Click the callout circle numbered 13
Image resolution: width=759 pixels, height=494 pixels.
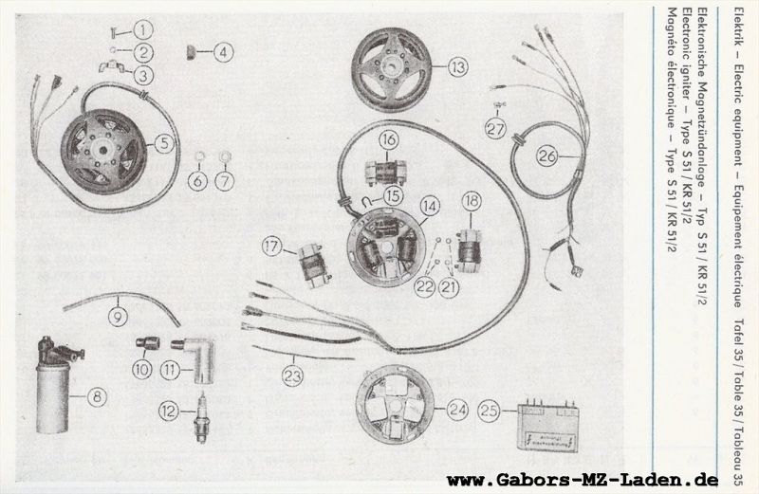tap(457, 66)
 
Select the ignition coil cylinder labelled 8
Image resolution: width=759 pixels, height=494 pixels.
tap(55, 385)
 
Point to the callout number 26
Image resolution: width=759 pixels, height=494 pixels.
tap(547, 156)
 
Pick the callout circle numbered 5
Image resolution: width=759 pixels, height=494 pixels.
tap(164, 143)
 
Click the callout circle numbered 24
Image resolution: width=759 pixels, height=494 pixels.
tap(457, 411)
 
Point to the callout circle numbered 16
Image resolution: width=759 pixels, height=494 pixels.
tap(389, 140)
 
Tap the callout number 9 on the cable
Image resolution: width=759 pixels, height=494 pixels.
tap(118, 318)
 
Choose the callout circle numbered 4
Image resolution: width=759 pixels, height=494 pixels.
tap(223, 52)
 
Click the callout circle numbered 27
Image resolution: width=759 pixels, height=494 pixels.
tap(496, 129)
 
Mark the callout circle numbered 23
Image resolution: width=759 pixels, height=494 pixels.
tap(293, 376)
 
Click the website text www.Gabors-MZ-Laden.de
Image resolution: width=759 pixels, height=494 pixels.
tap(583, 480)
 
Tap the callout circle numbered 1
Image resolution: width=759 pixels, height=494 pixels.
tap(143, 30)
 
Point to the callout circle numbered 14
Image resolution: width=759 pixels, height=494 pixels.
tap(430, 206)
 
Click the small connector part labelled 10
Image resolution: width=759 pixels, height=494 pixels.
tap(147, 343)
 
